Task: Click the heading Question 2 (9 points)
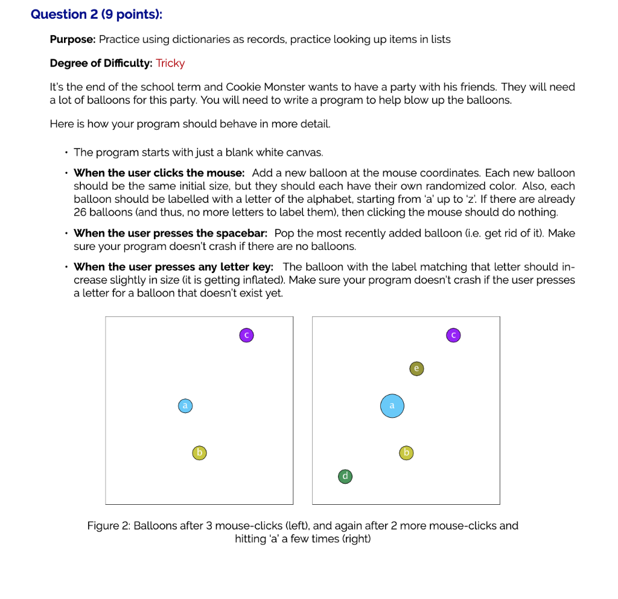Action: pyautogui.click(x=97, y=14)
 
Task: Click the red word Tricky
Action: pyautogui.click(x=170, y=63)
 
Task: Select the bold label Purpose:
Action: pyautogui.click(x=72, y=39)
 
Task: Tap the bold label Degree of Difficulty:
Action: pyautogui.click(x=101, y=63)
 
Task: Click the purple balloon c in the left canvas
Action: pyautogui.click(x=246, y=335)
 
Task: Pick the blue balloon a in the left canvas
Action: pyautogui.click(x=186, y=405)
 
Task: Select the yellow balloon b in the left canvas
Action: pyautogui.click(x=199, y=452)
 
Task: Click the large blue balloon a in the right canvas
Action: pyautogui.click(x=392, y=406)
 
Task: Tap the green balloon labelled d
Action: pyautogui.click(x=345, y=476)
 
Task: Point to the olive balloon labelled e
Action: pyautogui.click(x=416, y=368)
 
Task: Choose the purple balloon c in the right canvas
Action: pyautogui.click(x=454, y=335)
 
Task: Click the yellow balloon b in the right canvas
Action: pyautogui.click(x=407, y=452)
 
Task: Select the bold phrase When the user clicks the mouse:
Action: pyautogui.click(x=159, y=173)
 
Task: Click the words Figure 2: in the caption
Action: pyautogui.click(x=109, y=525)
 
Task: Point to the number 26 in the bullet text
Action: pyautogui.click(x=81, y=212)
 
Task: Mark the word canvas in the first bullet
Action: pyautogui.click(x=305, y=152)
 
